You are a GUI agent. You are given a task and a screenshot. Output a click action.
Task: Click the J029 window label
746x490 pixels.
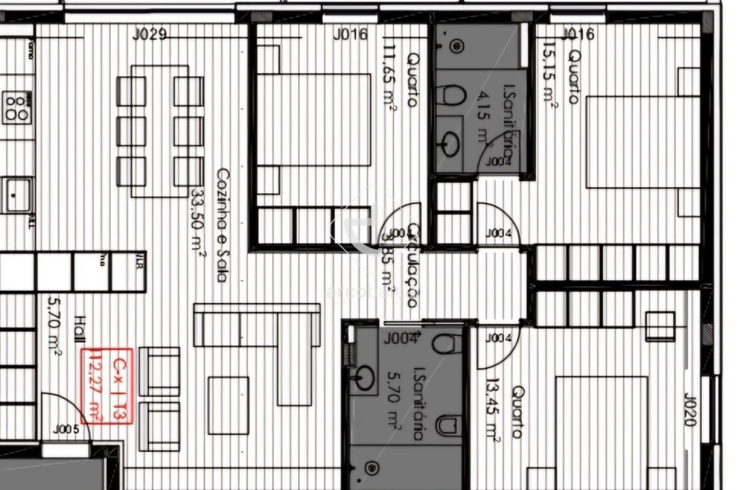click(x=150, y=34)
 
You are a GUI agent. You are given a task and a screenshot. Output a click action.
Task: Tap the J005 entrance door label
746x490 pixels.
click(x=66, y=429)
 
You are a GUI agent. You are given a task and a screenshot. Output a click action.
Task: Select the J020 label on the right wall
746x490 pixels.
click(x=689, y=409)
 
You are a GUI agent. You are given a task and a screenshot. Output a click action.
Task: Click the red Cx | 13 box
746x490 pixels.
click(x=107, y=385)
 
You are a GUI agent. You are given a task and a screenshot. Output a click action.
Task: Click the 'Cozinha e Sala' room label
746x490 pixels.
click(x=221, y=225)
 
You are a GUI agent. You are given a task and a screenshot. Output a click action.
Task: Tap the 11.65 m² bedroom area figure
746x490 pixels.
click(x=391, y=77)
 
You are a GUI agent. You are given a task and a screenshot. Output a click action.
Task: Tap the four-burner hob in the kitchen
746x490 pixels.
click(x=17, y=108)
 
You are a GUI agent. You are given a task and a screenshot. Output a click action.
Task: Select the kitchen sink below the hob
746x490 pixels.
click(x=16, y=194)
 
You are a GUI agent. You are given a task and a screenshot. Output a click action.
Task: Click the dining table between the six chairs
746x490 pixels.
click(x=159, y=130)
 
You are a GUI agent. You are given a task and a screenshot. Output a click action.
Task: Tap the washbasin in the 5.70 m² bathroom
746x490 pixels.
click(x=364, y=378)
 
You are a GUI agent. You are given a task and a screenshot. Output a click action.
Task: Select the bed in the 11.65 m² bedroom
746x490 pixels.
click(x=314, y=119)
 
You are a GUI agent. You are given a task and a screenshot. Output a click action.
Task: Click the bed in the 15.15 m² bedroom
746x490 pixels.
click(x=634, y=142)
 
